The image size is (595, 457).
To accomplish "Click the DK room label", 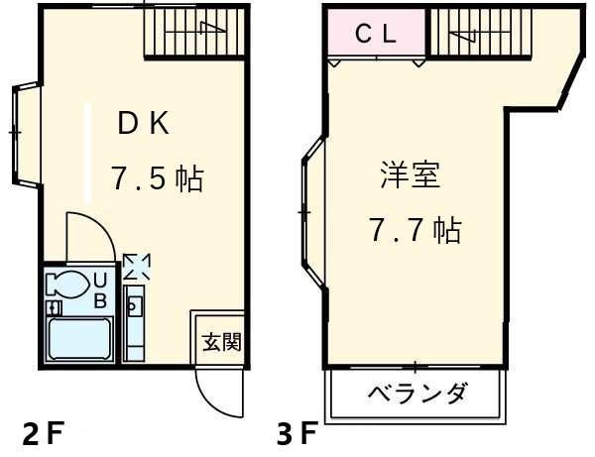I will [145, 124].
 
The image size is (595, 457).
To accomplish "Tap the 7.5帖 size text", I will [157, 179].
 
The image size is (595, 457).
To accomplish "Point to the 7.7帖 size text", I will [415, 232].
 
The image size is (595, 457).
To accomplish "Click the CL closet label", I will [377, 35].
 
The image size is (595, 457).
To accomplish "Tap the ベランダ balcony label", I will [417, 395].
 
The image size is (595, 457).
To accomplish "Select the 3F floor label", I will [297, 433].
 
